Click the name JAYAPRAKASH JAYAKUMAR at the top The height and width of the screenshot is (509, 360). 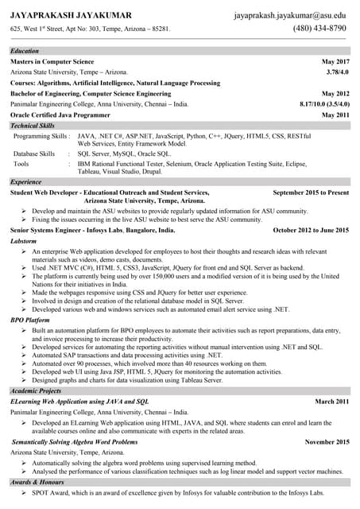pyautogui.click(x=71, y=15)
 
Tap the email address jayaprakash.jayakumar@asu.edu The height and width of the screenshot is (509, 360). pyautogui.click(x=290, y=15)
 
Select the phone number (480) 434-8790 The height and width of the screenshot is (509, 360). pyautogui.click(x=319, y=28)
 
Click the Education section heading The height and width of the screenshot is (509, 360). pyautogui.click(x=25, y=51)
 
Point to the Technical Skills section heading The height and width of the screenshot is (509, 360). pyautogui.click(x=33, y=126)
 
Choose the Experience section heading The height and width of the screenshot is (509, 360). pyautogui.click(x=26, y=182)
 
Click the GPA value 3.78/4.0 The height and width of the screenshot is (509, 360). pyautogui.click(x=337, y=72)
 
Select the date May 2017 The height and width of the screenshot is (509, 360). pyautogui.click(x=335, y=61)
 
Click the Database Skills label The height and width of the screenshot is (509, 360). pyautogui.click(x=34, y=153)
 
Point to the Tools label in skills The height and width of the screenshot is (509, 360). pyautogui.click(x=21, y=163)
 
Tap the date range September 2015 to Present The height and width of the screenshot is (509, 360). pyautogui.click(x=310, y=192)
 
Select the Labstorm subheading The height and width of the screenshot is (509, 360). pyautogui.click(x=23, y=240)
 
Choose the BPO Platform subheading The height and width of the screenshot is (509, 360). pyautogui.click(x=30, y=320)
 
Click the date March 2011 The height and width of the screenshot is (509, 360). pyautogui.click(x=331, y=402)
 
